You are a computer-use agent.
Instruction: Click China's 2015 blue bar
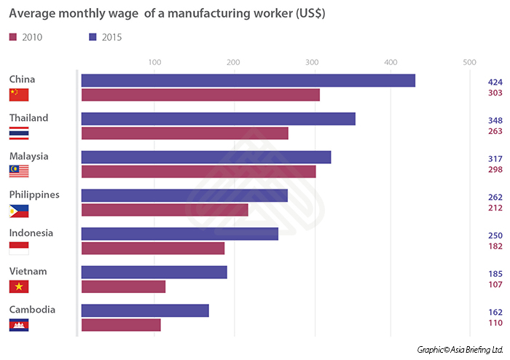pyautogui.click(x=248, y=80)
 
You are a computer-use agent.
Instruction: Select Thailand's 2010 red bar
pyautogui.click(x=184, y=133)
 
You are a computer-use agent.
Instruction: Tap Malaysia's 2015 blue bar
pyautogui.click(x=205, y=157)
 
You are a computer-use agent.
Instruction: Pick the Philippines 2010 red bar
pyautogui.click(x=164, y=210)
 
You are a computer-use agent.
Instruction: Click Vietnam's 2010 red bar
pyautogui.click(x=123, y=286)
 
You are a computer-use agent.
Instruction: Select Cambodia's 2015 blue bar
pyautogui.click(x=145, y=310)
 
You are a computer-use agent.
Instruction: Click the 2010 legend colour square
pyautogui.click(x=13, y=36)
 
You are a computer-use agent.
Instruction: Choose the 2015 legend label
pyautogui.click(x=111, y=36)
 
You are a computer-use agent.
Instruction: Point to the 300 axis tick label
pyautogui.click(x=312, y=63)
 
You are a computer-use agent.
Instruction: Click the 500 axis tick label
pyautogui.click(x=470, y=63)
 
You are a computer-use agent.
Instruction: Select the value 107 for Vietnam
pyautogui.click(x=495, y=285)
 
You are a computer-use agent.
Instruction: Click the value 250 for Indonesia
pyautogui.click(x=495, y=235)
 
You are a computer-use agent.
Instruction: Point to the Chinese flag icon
pyautogui.click(x=19, y=95)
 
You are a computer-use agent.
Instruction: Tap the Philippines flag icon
pyautogui.click(x=19, y=211)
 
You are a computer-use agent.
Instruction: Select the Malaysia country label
pyautogui.click(x=28, y=156)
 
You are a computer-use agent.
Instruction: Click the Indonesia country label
pyautogui.click(x=31, y=233)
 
